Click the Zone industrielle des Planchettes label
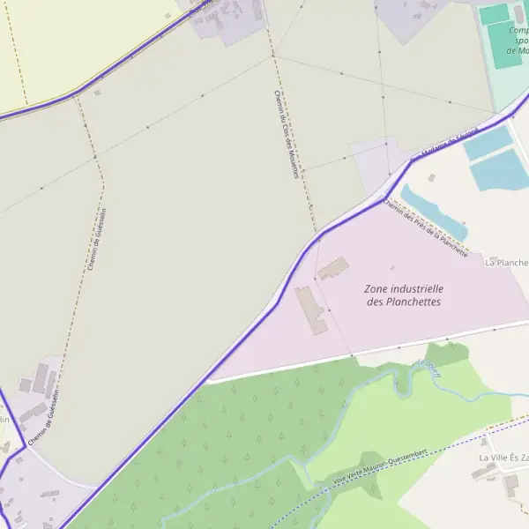point(404,295)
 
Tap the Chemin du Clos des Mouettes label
point(284,134)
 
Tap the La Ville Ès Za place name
point(503,458)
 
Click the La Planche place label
point(506,263)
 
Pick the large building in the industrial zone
point(310,309)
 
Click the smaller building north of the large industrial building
point(332,268)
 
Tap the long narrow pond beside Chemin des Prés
point(433,212)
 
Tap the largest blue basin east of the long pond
point(500,169)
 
